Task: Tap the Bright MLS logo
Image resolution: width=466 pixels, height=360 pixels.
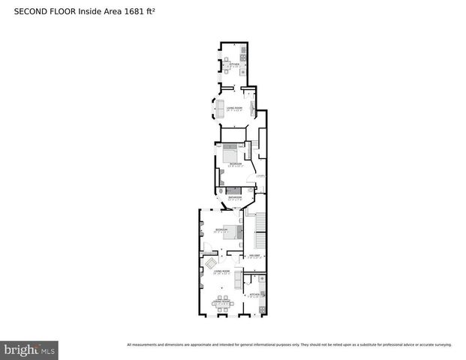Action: pyautogui.click(x=30, y=349)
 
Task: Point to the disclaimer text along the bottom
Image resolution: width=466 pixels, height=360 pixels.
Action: pyautogui.click(x=289, y=345)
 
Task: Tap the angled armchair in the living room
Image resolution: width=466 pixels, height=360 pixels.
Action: pyautogui.click(x=212, y=262)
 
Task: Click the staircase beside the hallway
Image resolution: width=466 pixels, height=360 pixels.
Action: pyautogui.click(x=260, y=224)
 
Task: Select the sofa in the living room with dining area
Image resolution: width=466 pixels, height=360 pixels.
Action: pyautogui.click(x=239, y=279)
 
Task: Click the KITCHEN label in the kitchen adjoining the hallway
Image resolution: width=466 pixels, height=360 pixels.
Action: pyautogui.click(x=254, y=295)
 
